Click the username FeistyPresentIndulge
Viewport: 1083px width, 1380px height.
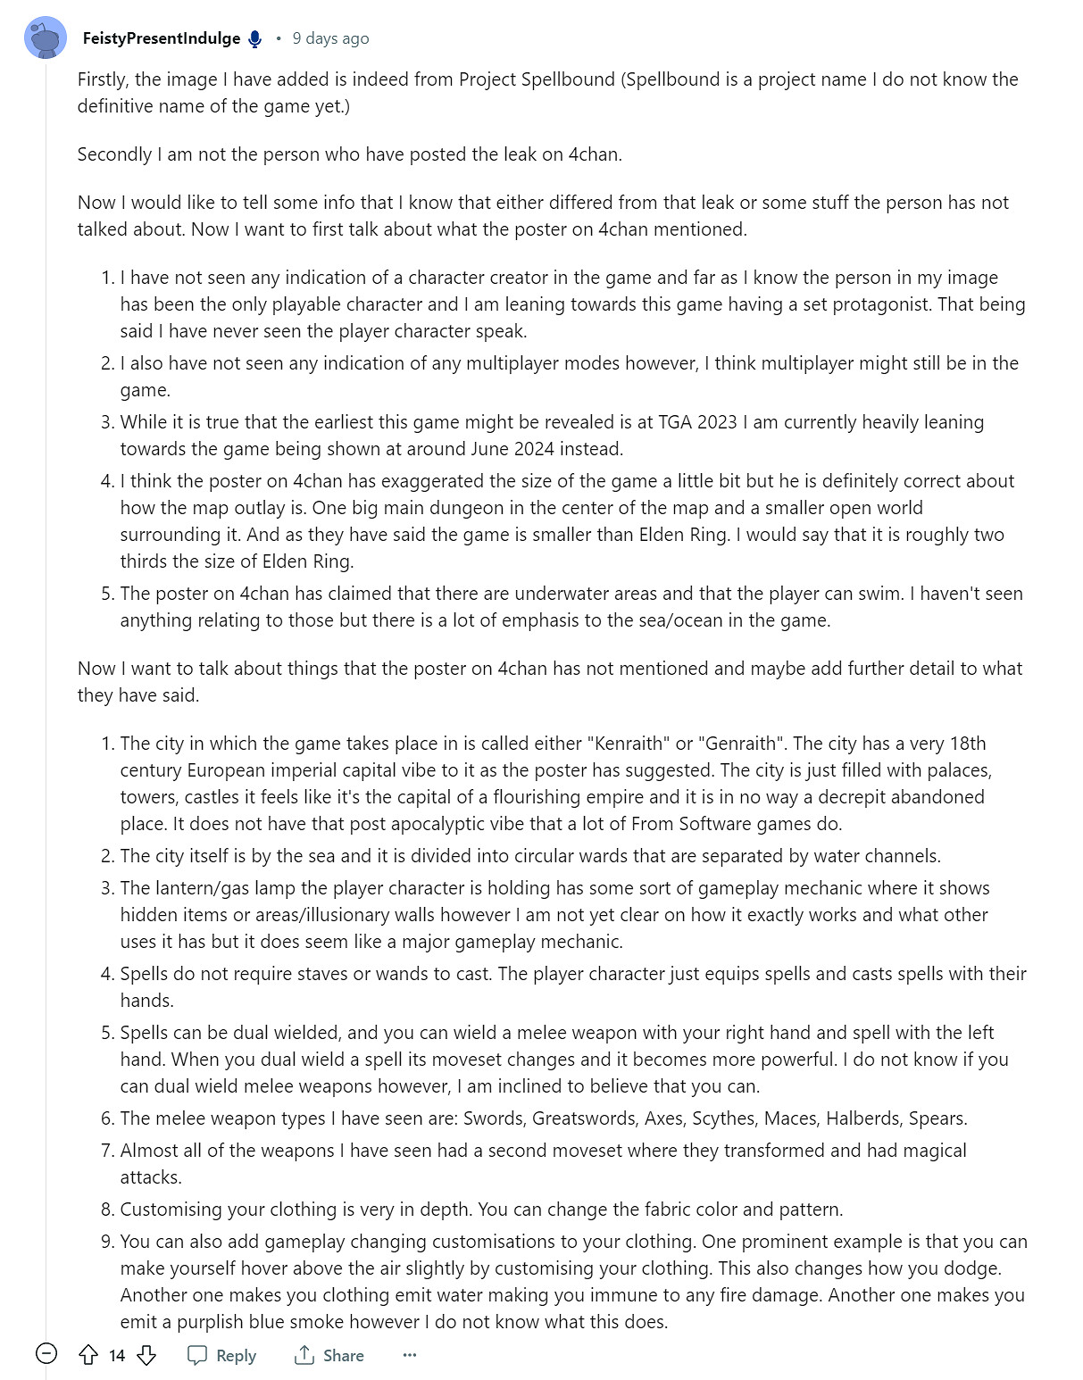(x=161, y=38)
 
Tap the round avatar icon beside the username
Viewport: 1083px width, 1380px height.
(x=45, y=38)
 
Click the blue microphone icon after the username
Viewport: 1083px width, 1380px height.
(x=255, y=38)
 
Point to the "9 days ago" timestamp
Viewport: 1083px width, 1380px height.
(x=330, y=38)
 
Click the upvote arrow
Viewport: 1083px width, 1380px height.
(x=88, y=1355)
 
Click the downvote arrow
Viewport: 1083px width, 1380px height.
(x=146, y=1355)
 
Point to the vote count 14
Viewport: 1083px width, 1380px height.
(x=117, y=1355)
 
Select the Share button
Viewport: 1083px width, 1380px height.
(x=329, y=1355)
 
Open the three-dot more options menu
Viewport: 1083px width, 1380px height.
(x=410, y=1355)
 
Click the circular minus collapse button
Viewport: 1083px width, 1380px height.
(x=46, y=1354)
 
